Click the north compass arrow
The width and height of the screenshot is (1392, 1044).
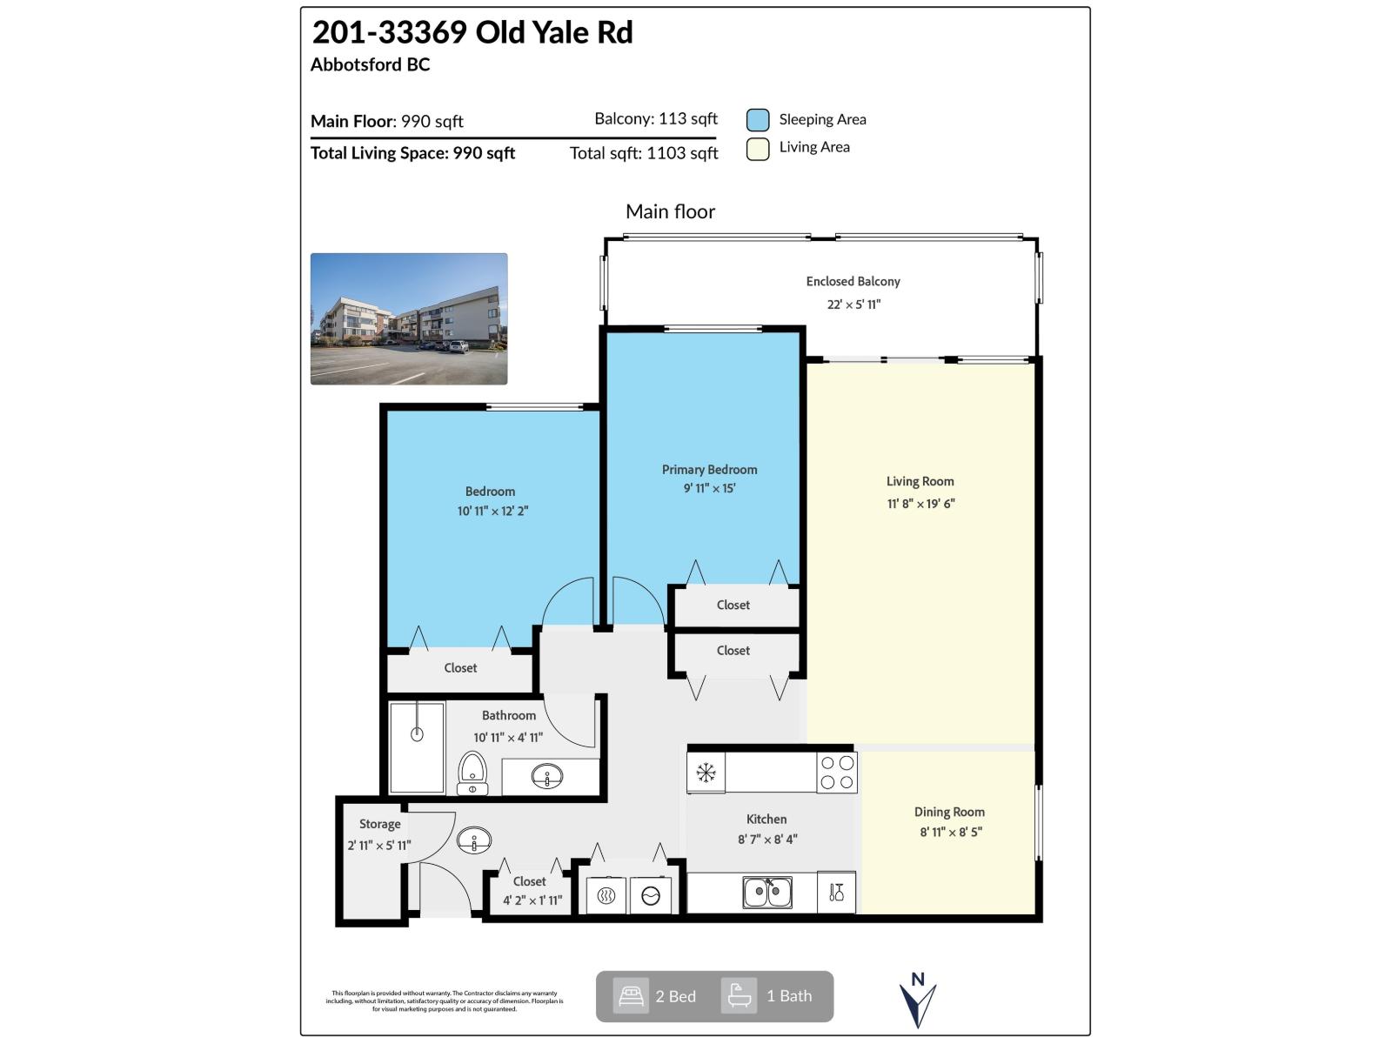(918, 1002)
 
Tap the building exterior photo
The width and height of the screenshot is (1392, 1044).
(409, 318)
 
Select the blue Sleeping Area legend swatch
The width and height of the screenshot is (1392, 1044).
(758, 120)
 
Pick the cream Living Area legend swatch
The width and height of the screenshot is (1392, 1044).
(758, 149)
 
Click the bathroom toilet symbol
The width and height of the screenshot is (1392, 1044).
(472, 773)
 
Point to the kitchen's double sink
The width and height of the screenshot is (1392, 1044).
(766, 893)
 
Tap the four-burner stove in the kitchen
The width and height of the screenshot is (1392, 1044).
(837, 773)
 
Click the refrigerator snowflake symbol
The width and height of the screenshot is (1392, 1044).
(706, 773)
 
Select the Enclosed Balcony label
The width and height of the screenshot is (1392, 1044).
(853, 281)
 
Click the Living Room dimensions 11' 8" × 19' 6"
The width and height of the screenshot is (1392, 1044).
(920, 504)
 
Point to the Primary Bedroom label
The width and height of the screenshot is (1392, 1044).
(709, 470)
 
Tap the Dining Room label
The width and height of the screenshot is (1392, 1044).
(949, 812)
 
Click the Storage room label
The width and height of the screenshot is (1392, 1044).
(380, 824)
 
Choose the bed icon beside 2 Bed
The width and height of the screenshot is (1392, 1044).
(631, 996)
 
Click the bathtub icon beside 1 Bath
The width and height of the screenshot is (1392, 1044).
(739, 996)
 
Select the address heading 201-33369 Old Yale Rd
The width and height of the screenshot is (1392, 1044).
(472, 32)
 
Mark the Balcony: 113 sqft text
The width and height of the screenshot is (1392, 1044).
(656, 119)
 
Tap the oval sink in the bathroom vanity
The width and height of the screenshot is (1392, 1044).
(547, 776)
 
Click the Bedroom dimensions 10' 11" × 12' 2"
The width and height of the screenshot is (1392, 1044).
(492, 512)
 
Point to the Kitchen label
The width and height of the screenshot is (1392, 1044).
(766, 819)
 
